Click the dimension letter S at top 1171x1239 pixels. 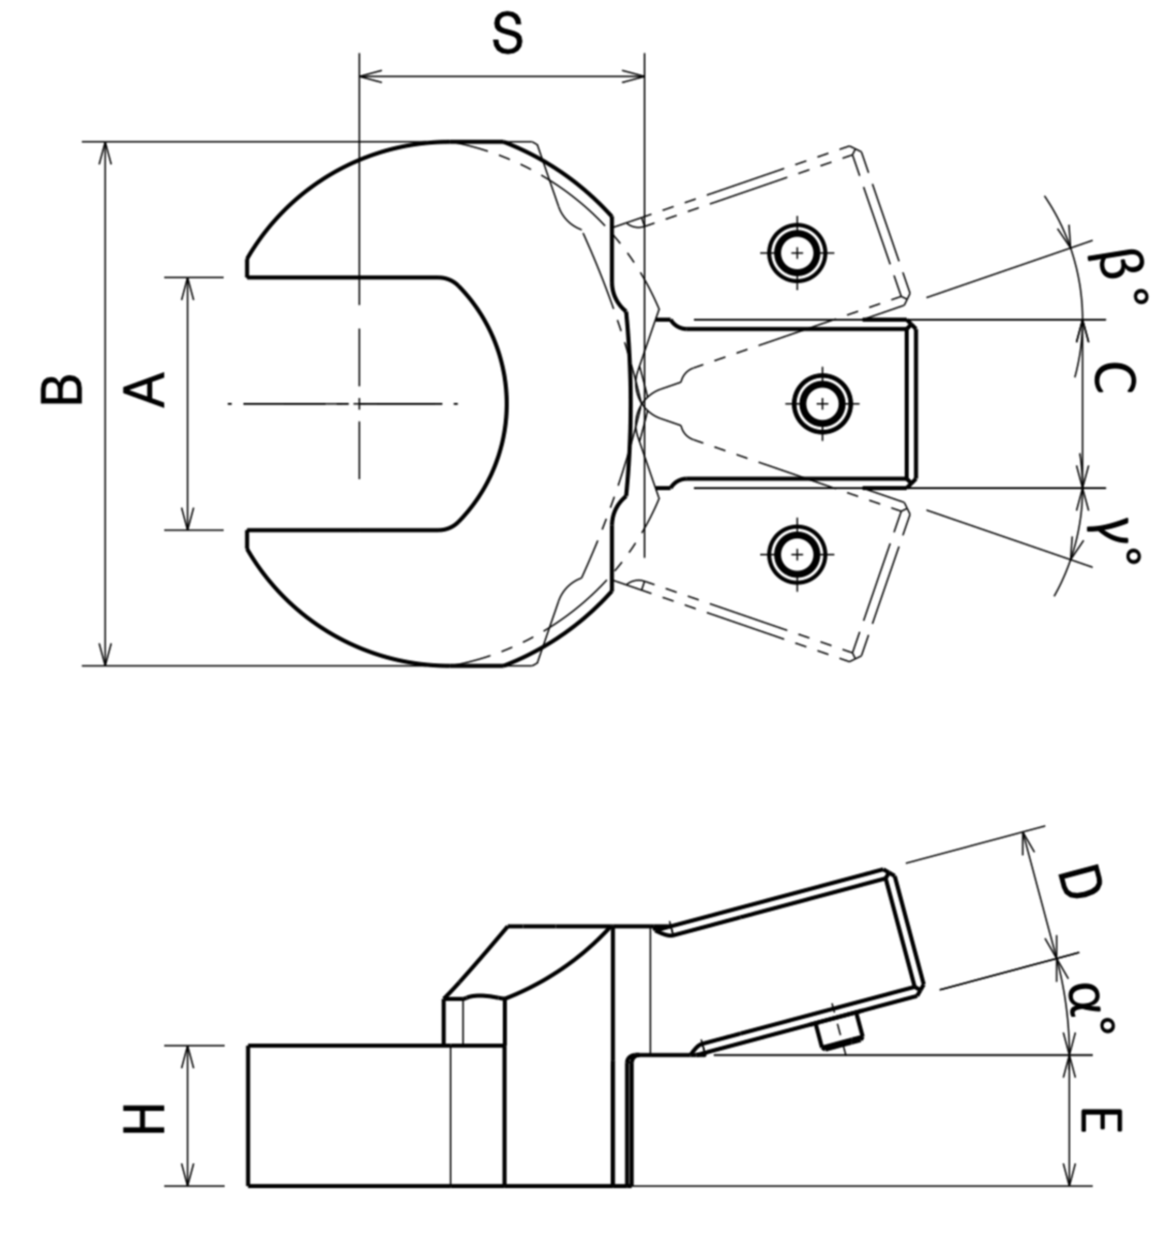coord(508,34)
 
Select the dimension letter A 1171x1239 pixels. coord(145,390)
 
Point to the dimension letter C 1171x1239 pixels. coord(1114,378)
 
